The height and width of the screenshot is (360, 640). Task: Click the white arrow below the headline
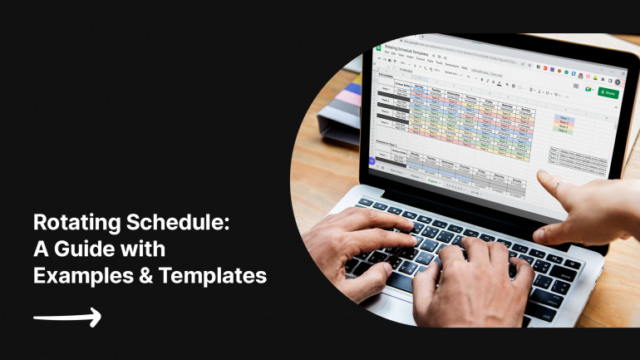(67, 317)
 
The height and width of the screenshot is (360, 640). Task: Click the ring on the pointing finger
(559, 184)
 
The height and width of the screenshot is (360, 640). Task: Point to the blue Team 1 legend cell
(564, 117)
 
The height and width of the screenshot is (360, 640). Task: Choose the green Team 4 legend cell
(563, 131)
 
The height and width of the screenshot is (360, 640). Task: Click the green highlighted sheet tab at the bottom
(433, 178)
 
